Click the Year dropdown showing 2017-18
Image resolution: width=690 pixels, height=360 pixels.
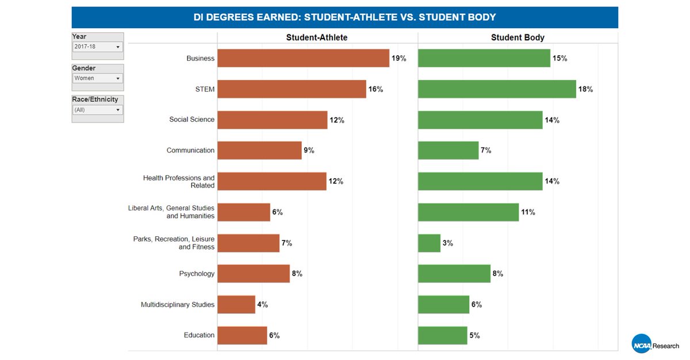pos(97,47)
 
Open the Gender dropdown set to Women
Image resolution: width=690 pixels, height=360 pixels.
pos(97,78)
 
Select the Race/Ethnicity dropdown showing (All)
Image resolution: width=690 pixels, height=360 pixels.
pos(97,110)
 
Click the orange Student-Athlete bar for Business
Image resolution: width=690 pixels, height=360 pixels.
pos(303,58)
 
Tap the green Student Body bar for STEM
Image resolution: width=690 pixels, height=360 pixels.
pos(497,89)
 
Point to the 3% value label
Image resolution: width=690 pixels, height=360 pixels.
pos(447,243)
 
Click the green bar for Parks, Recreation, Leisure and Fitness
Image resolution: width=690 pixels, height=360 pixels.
pos(429,243)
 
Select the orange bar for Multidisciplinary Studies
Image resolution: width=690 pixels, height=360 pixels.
pos(236,305)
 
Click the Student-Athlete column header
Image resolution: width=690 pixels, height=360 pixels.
pos(317,37)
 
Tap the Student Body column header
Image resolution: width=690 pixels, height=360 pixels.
pos(517,37)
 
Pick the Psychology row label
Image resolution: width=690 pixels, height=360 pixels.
pos(197,274)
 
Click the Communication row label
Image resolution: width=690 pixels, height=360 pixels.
pos(190,151)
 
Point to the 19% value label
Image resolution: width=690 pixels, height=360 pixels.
pos(399,59)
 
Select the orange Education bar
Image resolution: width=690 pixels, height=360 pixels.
pos(242,335)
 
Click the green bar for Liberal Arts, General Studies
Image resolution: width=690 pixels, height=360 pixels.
pos(468,212)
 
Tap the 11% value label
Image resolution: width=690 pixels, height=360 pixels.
pos(528,212)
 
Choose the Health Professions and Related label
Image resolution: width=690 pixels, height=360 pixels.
pos(179,182)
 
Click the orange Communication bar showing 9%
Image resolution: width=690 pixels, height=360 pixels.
pos(259,151)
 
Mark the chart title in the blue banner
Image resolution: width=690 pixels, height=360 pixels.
pos(344,17)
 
